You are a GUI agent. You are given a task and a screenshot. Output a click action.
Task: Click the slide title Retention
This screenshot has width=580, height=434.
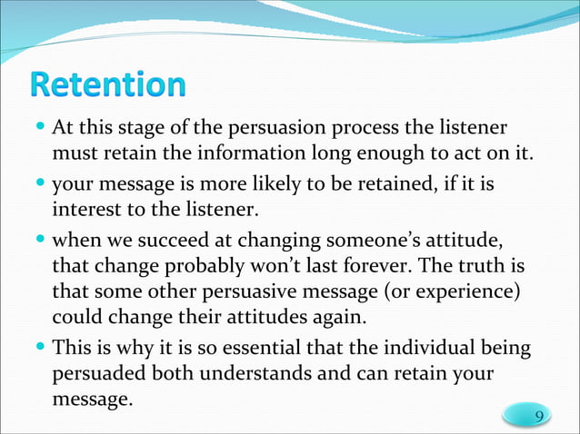click(x=107, y=85)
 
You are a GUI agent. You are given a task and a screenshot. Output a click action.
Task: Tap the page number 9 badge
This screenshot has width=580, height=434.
click(x=539, y=416)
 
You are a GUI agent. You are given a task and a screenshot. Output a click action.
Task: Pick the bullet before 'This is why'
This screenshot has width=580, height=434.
click(x=42, y=347)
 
